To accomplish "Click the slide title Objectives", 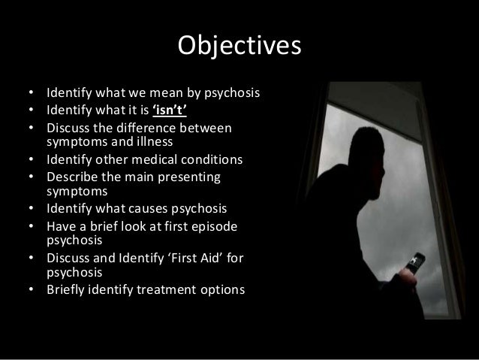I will (x=239, y=46).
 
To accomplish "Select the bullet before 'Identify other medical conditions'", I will (x=32, y=159).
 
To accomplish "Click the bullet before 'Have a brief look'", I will (x=32, y=224).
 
